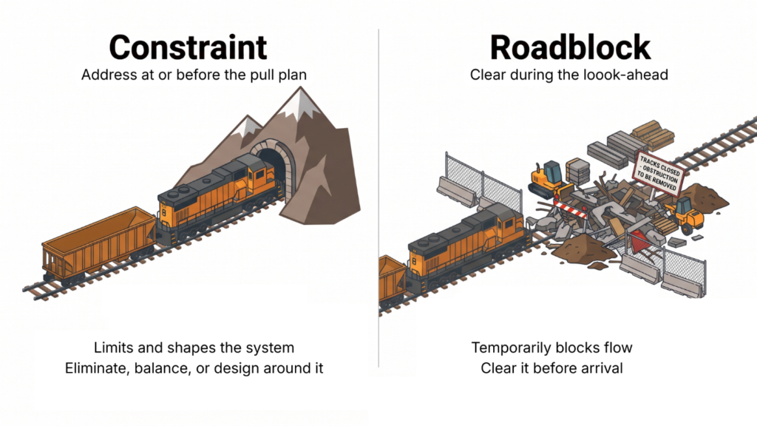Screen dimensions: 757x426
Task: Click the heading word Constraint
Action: click(x=188, y=47)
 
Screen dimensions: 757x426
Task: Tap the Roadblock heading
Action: click(x=570, y=47)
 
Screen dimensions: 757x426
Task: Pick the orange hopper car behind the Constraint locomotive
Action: click(x=98, y=244)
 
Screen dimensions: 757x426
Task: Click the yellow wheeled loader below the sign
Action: click(x=685, y=214)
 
